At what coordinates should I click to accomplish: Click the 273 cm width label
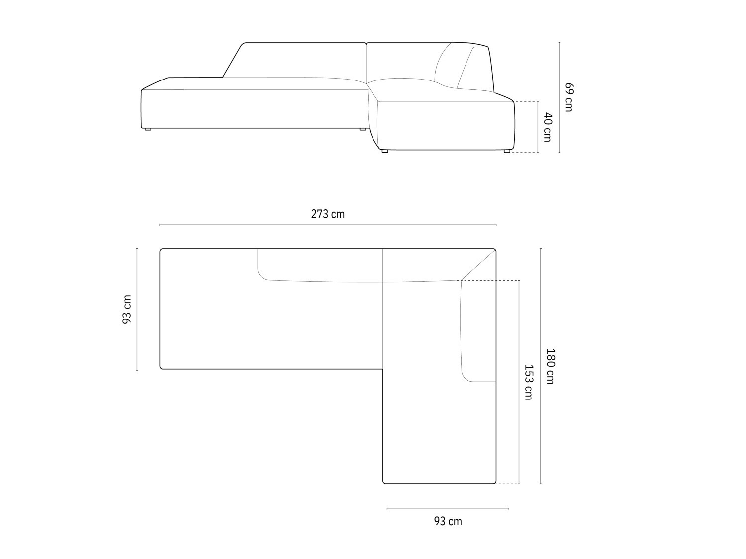[x=328, y=214]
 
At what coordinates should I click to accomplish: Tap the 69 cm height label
[x=568, y=97]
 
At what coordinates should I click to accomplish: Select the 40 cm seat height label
[x=547, y=127]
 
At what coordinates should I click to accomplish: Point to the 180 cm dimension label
[x=550, y=366]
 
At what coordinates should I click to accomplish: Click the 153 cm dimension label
[x=529, y=382]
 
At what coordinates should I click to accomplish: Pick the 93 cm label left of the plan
[x=127, y=310]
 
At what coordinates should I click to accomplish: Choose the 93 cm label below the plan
[x=448, y=521]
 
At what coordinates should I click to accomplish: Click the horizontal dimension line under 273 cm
[x=328, y=225]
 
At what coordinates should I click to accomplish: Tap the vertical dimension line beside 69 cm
[x=559, y=97]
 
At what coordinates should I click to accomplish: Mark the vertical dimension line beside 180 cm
[x=541, y=366]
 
